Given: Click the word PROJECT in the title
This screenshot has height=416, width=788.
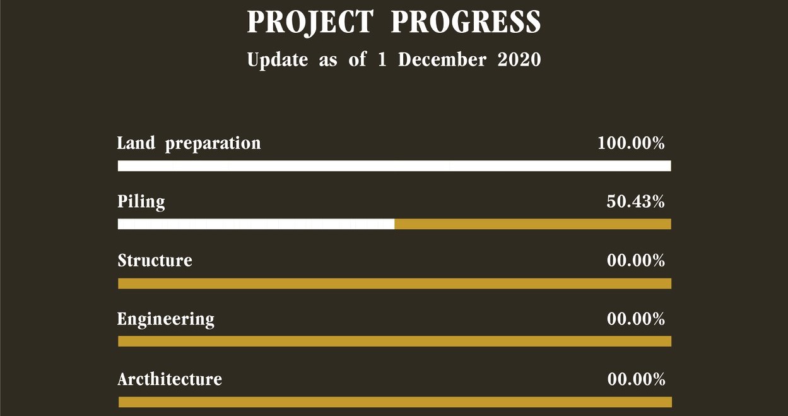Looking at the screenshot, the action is point(310,22).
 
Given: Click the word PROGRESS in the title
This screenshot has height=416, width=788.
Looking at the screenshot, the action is point(466,22).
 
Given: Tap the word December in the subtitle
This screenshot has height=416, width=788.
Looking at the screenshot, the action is point(442,59).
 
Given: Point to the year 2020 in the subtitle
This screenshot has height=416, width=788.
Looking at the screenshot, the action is point(519,59).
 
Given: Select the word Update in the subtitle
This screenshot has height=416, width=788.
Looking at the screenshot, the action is point(278,59).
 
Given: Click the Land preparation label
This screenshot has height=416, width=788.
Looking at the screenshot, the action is point(189,143).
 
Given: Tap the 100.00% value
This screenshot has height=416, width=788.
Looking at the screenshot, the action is point(631,143).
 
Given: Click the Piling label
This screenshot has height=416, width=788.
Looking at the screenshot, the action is point(141,202).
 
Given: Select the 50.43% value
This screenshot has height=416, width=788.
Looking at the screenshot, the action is point(635,201).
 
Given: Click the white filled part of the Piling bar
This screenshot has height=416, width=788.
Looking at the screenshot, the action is point(256,224).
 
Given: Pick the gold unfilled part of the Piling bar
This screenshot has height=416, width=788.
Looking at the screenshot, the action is point(533,224).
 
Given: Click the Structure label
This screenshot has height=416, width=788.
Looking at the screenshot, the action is point(155,261).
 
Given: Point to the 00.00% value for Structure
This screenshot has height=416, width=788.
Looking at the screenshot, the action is point(636,261).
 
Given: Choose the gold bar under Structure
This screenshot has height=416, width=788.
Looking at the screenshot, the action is point(395,283).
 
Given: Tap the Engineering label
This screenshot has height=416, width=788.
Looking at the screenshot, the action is point(166,319).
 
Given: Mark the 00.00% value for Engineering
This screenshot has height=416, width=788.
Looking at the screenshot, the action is point(636,319).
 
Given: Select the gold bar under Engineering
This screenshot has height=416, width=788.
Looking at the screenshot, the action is point(395,341).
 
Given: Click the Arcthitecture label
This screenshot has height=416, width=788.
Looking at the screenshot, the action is point(170,379).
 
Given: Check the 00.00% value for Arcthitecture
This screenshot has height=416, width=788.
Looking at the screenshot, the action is point(636,379).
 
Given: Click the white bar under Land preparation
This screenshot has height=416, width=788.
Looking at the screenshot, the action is point(394,166).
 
